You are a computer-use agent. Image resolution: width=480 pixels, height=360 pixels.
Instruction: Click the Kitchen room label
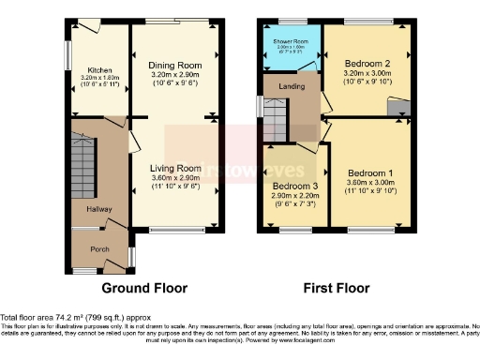(99, 70)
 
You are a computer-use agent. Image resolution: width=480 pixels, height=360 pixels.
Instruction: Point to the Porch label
(100, 249)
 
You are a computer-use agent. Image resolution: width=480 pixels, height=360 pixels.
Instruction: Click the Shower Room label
(291, 43)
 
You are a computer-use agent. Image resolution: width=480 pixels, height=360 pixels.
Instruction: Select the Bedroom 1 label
(369, 173)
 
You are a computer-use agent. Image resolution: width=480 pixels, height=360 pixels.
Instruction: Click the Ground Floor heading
(143, 288)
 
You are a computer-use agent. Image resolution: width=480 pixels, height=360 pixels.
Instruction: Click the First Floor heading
(336, 288)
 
